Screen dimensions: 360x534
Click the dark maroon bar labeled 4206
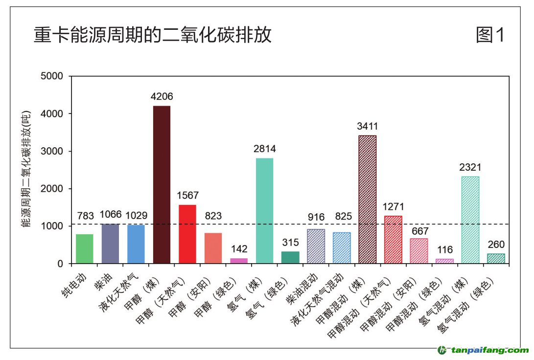click(x=162, y=184)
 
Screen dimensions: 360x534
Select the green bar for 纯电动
click(x=84, y=248)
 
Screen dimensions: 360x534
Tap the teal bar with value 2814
click(x=264, y=210)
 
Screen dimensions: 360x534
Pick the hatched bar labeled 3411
click(x=367, y=199)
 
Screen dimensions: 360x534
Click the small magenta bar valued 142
click(x=239, y=261)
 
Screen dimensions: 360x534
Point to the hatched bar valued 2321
click(x=470, y=220)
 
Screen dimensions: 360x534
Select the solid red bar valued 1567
click(x=187, y=234)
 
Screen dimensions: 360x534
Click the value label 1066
click(x=110, y=214)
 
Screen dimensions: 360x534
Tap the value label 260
click(x=496, y=244)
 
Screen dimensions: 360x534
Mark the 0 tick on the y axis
click(x=60, y=264)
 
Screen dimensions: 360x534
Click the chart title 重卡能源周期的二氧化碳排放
click(x=152, y=36)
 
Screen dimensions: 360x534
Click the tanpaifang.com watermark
click(x=483, y=350)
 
